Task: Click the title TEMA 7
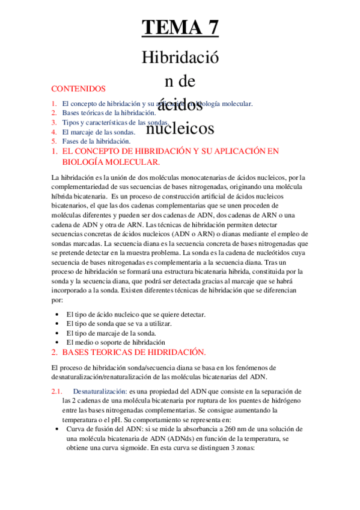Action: point(180,27)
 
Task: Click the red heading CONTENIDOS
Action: point(79,88)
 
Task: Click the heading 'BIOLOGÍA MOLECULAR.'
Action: point(111,162)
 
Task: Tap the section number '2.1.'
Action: point(58,392)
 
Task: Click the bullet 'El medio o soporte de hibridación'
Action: point(116,342)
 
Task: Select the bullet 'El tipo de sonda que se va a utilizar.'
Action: point(118,324)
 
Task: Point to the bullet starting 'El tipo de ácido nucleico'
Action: point(136,314)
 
